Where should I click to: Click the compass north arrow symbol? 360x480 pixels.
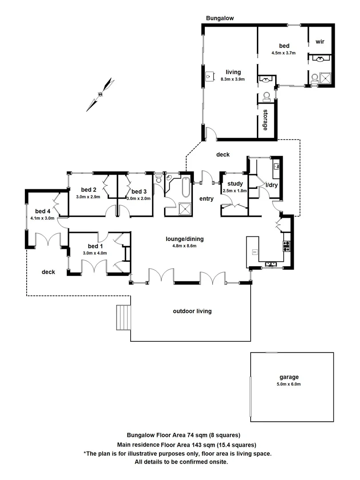point(101,94)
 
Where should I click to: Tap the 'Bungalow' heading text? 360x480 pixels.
point(220,18)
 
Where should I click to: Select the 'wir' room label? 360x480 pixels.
point(320,41)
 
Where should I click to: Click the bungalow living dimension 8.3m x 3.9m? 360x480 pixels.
point(233,79)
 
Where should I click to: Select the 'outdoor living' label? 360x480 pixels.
point(192,311)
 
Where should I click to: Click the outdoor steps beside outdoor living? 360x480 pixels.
point(123,318)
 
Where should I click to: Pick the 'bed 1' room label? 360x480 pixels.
point(95,246)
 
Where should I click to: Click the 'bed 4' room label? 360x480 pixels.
point(43,211)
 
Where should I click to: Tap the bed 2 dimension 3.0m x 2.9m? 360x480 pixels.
point(88,196)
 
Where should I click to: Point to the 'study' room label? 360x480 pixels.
point(234,184)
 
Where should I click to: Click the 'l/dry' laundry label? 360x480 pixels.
point(271,185)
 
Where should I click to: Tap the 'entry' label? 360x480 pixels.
point(207,199)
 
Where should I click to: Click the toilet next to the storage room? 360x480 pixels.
point(267,96)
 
